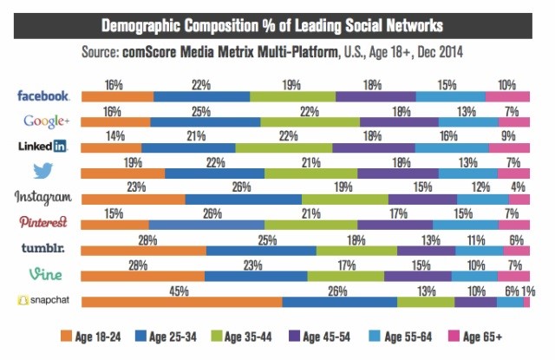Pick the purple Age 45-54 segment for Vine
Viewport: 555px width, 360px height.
click(416, 276)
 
